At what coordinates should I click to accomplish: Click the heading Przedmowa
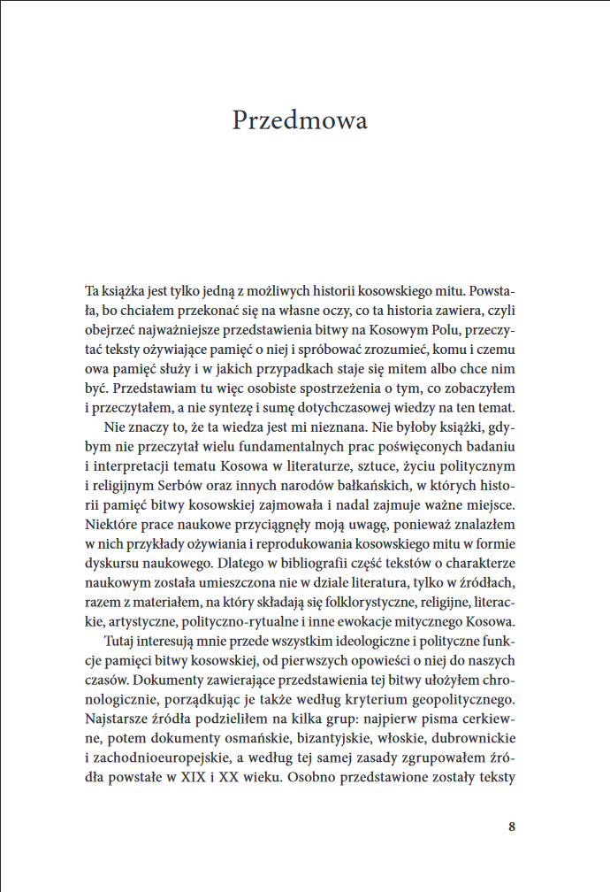(300, 120)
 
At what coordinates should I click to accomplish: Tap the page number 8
(513, 827)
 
